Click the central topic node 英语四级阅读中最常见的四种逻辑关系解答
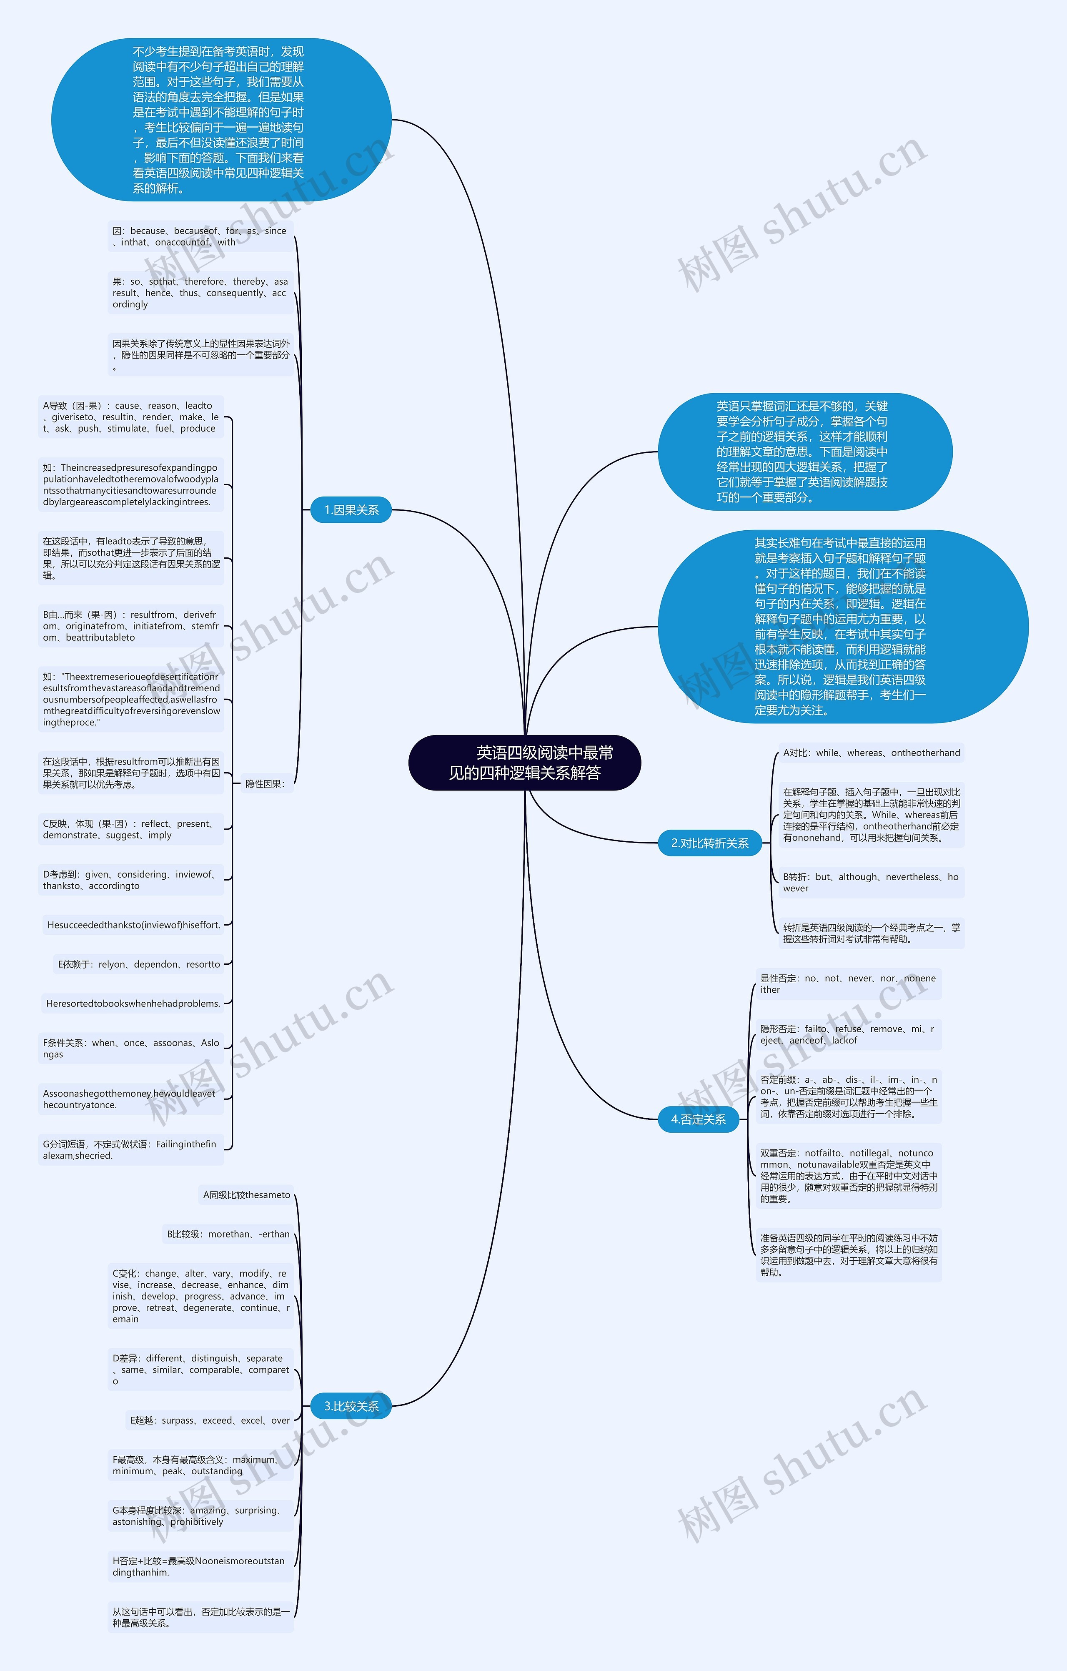(524, 763)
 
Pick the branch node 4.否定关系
(698, 1119)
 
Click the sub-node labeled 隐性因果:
(265, 784)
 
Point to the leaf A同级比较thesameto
(246, 1195)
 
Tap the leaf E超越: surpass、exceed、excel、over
(210, 1420)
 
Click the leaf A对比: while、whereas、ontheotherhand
(872, 753)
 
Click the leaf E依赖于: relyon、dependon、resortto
(139, 965)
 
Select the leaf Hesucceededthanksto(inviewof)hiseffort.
(133, 925)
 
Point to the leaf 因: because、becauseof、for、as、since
(200, 237)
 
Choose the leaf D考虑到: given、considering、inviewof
(130, 880)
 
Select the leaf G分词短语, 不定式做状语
(130, 1150)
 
